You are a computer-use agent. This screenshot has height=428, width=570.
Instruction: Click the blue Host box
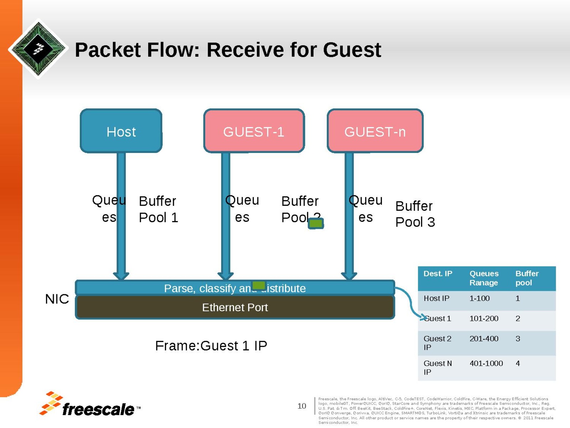121,131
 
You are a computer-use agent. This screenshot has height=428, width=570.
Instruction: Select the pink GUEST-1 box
254,131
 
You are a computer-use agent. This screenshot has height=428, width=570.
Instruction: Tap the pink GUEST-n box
375,131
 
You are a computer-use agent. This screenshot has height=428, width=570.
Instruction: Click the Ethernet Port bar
235,307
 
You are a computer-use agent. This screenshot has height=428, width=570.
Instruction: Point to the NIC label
57,299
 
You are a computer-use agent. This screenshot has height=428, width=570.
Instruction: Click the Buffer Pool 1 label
158,209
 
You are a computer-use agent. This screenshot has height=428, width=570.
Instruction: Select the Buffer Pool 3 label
415,214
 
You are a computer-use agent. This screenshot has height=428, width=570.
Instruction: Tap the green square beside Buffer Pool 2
316,224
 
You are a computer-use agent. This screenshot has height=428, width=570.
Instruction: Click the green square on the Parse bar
259,285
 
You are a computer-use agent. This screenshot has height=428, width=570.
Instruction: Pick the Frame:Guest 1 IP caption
211,346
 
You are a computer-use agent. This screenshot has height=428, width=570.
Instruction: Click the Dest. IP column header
437,274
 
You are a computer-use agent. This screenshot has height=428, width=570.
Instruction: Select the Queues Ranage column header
484,278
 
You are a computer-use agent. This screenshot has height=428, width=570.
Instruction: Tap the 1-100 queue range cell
480,298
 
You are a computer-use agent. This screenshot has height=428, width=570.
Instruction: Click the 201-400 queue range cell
484,338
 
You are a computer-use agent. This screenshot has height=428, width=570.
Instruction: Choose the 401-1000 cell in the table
486,363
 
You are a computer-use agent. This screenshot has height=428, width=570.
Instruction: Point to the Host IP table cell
436,298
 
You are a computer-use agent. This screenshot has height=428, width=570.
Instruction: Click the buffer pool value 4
518,363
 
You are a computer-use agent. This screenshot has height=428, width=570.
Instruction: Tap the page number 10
302,406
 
